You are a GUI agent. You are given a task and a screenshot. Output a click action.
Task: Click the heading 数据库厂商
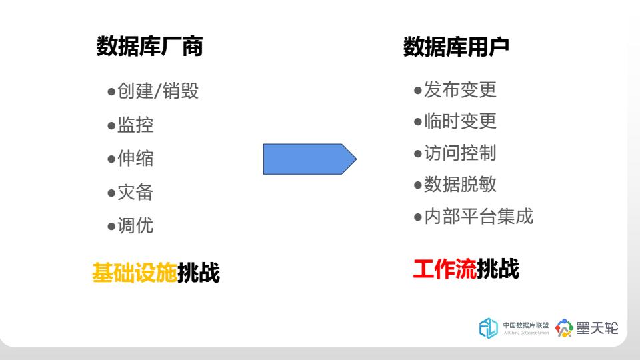click(x=149, y=46)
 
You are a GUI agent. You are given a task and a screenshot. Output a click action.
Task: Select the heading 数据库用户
click(x=456, y=47)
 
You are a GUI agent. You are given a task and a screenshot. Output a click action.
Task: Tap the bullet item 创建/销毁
click(x=153, y=91)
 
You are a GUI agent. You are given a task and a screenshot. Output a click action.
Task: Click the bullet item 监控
click(x=131, y=125)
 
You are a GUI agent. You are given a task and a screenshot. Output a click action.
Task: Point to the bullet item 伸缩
click(x=131, y=159)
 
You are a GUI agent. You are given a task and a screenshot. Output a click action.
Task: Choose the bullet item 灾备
click(x=131, y=192)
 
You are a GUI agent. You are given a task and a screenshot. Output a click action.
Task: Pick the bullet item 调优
click(x=131, y=226)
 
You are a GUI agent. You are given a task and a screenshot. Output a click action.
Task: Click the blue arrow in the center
click(x=310, y=159)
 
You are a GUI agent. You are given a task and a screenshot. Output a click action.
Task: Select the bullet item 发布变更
click(x=455, y=89)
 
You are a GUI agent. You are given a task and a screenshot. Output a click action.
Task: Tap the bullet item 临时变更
click(x=455, y=121)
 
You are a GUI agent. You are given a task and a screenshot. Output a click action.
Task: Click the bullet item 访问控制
click(x=455, y=153)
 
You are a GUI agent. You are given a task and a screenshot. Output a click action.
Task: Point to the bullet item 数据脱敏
click(x=455, y=185)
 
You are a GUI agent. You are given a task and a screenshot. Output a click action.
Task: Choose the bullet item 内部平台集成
click(x=473, y=216)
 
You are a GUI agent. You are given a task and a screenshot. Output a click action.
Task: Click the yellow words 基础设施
click(x=135, y=272)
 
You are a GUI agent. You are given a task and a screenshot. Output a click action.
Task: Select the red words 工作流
click(x=445, y=269)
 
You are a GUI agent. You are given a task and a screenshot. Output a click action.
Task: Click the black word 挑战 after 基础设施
click(x=199, y=272)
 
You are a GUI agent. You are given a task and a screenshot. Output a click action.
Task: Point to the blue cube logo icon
click(x=488, y=328)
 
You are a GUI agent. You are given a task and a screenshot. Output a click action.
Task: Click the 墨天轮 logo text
click(x=597, y=328)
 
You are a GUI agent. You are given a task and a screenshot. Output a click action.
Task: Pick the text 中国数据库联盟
click(x=526, y=325)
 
